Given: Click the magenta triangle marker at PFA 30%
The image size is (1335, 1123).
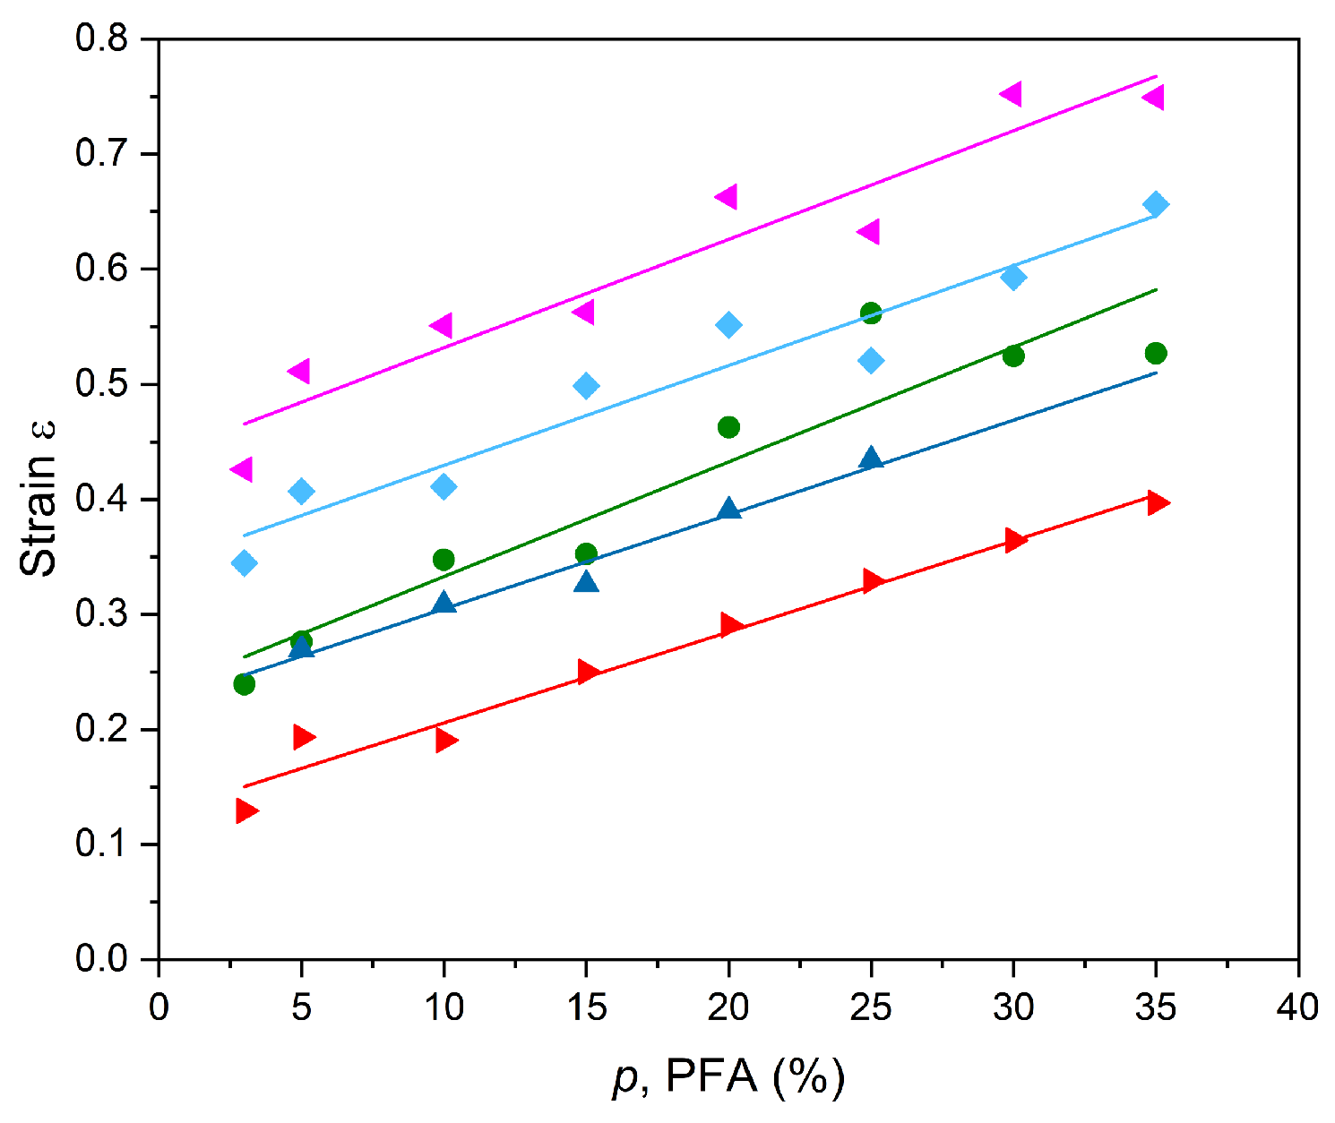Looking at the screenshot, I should (x=1012, y=94).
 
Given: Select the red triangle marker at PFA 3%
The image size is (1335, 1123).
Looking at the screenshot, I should (x=245, y=810).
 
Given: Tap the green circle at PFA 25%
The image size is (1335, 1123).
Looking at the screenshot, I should (x=871, y=313).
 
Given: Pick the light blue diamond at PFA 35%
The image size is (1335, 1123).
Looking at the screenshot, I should (x=1156, y=204).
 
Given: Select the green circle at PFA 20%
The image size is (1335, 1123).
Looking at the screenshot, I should (x=728, y=427).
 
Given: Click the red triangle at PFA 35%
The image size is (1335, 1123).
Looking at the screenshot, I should (x=1158, y=501).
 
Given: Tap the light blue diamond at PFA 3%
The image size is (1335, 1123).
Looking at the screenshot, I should (x=244, y=563).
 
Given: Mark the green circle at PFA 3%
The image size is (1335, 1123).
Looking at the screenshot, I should (x=244, y=684).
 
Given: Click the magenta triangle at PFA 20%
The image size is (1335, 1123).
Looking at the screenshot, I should (x=727, y=197).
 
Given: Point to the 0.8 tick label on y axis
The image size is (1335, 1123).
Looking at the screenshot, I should (x=104, y=40).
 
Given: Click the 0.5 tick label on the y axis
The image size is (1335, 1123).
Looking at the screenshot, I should (x=104, y=385).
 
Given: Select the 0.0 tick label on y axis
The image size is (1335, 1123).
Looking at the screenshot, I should (x=104, y=959).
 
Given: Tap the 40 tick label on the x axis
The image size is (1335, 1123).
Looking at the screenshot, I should (x=1297, y=1007).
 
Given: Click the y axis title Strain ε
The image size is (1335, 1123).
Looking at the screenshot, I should (x=39, y=499).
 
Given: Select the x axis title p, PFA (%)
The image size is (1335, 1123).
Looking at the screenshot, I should (x=728, y=1077).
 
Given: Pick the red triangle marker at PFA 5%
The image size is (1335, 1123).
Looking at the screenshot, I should (x=303, y=737).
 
